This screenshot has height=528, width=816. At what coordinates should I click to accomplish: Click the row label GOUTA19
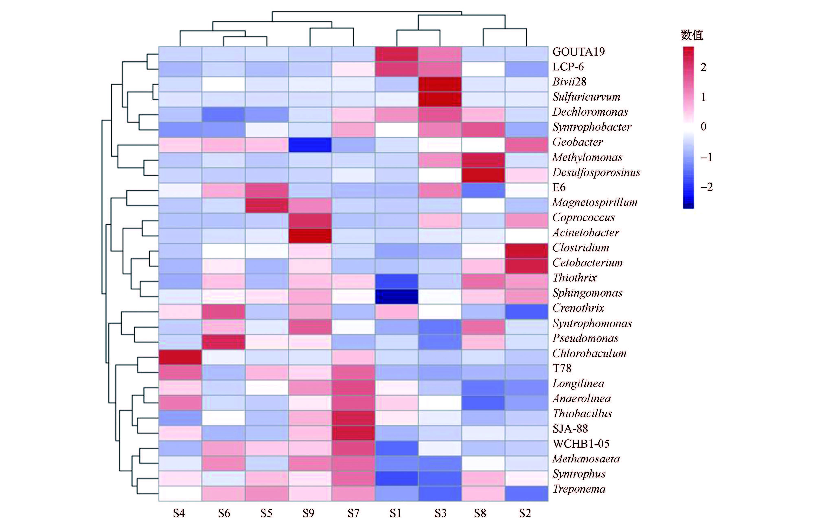click(x=578, y=52)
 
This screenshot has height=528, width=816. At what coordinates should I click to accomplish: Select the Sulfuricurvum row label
click(x=586, y=97)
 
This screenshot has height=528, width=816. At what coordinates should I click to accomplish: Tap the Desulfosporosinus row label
click(x=596, y=172)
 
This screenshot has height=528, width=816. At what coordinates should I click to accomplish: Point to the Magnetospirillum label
click(x=595, y=203)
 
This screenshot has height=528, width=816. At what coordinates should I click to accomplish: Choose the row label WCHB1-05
click(x=581, y=444)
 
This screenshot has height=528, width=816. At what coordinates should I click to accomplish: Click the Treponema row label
click(x=579, y=489)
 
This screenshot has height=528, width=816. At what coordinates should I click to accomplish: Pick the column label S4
click(x=179, y=513)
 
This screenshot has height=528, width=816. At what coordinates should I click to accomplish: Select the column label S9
click(x=308, y=513)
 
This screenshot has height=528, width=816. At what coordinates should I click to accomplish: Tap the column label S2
click(x=525, y=513)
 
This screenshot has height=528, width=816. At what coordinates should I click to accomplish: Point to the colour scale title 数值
click(x=692, y=35)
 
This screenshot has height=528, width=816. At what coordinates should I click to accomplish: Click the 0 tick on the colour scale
click(x=703, y=127)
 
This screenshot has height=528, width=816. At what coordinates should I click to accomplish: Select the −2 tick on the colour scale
click(x=706, y=187)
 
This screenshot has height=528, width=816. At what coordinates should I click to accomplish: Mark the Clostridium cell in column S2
click(x=526, y=251)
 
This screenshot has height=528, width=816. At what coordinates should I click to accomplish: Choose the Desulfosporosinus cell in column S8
click(x=483, y=175)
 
